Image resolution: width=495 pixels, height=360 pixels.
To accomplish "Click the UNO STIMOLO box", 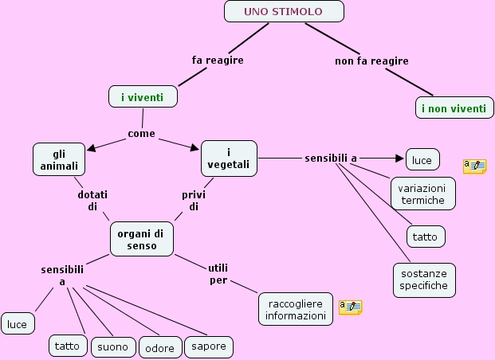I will click(284, 11).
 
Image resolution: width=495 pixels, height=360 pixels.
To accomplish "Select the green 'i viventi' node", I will click(143, 97).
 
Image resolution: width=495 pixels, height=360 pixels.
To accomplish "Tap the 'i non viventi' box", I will click(454, 108).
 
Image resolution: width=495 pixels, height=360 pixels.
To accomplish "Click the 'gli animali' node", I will click(60, 158).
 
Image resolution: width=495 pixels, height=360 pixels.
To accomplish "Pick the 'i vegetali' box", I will click(229, 158).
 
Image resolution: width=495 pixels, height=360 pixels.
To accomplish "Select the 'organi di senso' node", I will click(140, 239).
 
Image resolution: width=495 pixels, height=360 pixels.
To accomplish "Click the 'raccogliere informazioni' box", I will click(295, 309).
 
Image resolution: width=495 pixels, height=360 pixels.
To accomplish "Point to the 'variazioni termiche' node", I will click(423, 194).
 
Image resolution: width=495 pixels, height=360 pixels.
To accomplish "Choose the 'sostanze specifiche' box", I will click(424, 280).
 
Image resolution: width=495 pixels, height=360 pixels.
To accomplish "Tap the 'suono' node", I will click(113, 347).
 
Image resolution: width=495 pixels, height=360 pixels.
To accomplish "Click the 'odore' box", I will click(160, 348).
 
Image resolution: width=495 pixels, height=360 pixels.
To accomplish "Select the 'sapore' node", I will click(210, 346).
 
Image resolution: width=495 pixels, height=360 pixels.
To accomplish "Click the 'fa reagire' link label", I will click(218, 60).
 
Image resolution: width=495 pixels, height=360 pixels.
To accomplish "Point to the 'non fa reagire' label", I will click(371, 61).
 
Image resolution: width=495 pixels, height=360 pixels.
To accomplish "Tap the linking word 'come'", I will click(142, 133).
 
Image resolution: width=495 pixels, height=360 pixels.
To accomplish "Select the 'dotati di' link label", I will click(92, 200).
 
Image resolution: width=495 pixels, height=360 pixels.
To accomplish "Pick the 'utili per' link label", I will click(218, 273).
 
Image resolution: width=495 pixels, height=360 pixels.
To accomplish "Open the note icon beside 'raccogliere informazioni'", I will click(350, 307).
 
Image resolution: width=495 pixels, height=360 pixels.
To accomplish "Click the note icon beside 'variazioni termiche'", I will click(474, 166).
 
